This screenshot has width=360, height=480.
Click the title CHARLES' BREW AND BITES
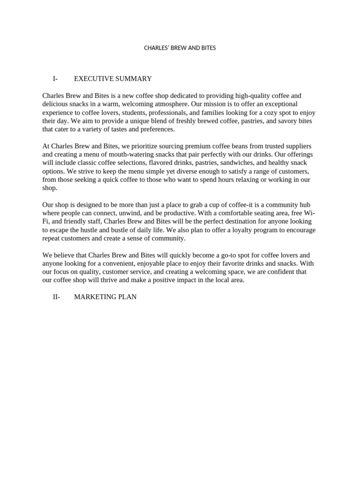click(180, 48)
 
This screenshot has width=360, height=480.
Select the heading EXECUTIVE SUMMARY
click(112, 79)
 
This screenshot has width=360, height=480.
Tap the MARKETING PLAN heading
click(105, 297)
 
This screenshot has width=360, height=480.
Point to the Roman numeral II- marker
click(56, 297)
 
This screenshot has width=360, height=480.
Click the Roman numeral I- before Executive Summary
click(55, 79)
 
